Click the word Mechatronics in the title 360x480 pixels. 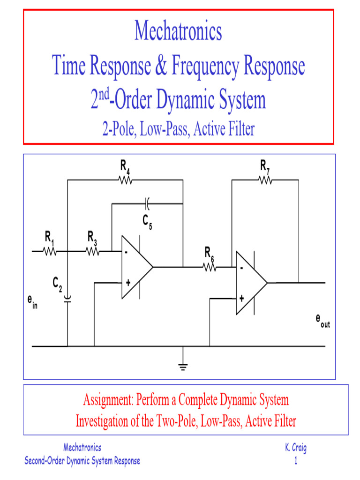click(x=178, y=31)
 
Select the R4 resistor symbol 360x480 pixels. click(x=125, y=180)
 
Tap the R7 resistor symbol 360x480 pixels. click(x=265, y=180)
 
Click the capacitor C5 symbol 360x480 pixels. click(x=147, y=203)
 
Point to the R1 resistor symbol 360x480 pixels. click(x=50, y=252)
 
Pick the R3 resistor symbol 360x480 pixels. click(x=93, y=252)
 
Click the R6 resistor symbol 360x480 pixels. click(x=209, y=267)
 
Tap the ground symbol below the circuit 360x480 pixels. click(x=183, y=366)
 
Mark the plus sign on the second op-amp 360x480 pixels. click(x=241, y=298)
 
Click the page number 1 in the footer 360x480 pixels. click(x=296, y=461)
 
